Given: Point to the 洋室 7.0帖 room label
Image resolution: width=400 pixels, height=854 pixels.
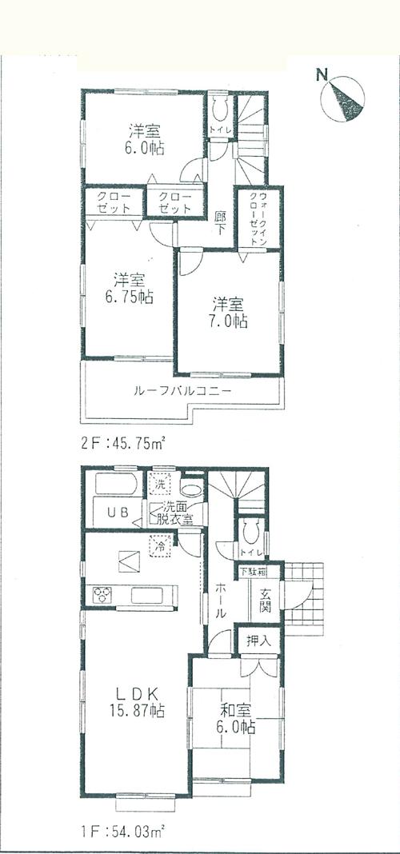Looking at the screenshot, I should point(230,313).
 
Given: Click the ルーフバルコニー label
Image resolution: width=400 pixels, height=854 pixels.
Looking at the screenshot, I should point(182,392).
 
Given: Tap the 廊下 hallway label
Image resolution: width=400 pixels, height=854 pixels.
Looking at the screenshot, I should point(220,222).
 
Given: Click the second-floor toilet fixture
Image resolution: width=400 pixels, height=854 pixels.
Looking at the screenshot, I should point(221,110).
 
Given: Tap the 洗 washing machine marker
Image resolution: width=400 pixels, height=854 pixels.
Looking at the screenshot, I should point(160,484).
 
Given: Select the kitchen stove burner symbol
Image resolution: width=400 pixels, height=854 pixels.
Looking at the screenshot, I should point(104,594).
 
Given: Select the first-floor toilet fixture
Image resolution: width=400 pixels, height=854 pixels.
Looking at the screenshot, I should point(250,531).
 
